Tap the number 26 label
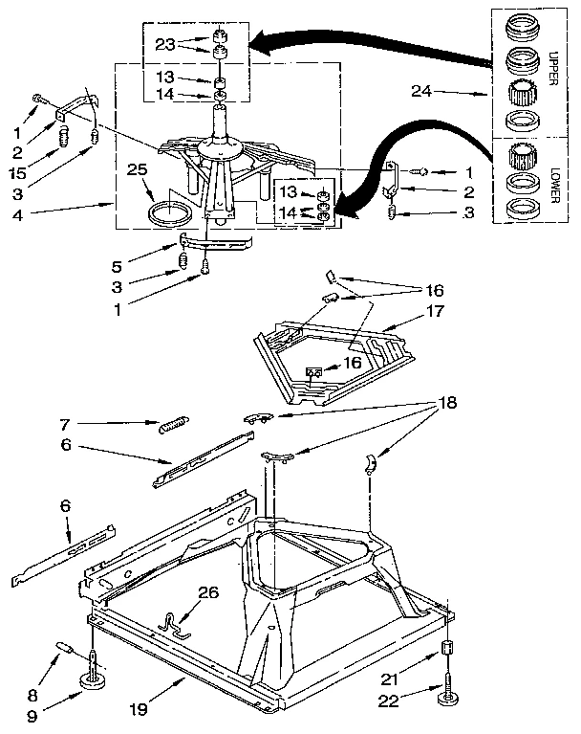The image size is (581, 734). point(207,592)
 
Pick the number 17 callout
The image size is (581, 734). point(435,311)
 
